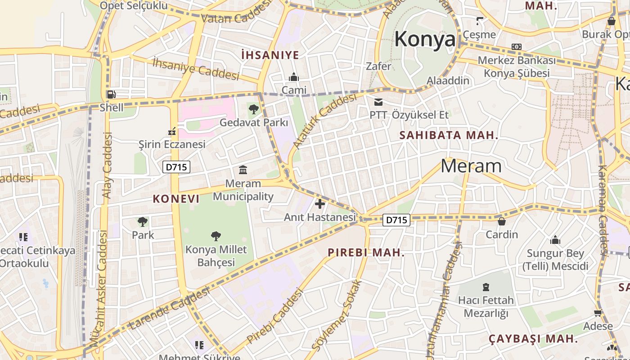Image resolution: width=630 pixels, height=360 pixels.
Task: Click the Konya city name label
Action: [x=425, y=40]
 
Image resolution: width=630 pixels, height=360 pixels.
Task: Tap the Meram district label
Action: [x=471, y=166]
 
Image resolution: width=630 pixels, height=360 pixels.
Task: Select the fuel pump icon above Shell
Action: [x=111, y=94]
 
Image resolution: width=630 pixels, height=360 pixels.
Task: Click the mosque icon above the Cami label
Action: [x=294, y=77]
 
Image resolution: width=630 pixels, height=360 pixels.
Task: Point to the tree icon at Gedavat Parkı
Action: [x=253, y=109]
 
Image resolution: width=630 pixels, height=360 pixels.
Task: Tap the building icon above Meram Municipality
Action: [x=243, y=170]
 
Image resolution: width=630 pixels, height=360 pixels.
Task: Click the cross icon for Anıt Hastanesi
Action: [x=319, y=204]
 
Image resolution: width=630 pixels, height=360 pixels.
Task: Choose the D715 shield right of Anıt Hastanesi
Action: [x=396, y=220]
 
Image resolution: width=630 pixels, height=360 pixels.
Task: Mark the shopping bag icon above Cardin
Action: [x=501, y=221]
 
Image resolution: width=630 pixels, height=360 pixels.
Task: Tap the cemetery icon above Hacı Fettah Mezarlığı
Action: [x=486, y=287]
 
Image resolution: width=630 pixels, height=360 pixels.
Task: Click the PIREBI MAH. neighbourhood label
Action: [x=366, y=252]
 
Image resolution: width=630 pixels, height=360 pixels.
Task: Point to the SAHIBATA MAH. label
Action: [x=449, y=135]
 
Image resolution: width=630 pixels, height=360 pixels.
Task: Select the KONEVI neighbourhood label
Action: [x=176, y=198]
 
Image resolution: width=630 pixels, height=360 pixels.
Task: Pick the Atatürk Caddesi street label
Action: [x=324, y=121]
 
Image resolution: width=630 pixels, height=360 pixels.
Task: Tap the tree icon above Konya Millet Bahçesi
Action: [x=216, y=236]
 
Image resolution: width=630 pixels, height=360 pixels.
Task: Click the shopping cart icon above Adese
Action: [x=598, y=313]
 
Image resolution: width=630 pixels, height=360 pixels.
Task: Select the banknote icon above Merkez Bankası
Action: [x=517, y=47]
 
